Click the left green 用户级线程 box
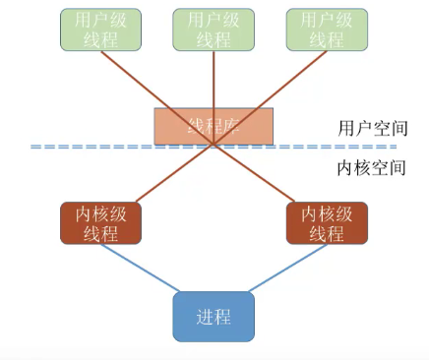coord(95,30)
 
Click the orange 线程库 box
coord(214,126)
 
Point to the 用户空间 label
coord(371,129)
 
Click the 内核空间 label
coord(371,167)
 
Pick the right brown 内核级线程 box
coord(327,223)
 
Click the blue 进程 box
coord(214,317)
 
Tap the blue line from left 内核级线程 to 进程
coord(143,269)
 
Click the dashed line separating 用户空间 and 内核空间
coord(98,147)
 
